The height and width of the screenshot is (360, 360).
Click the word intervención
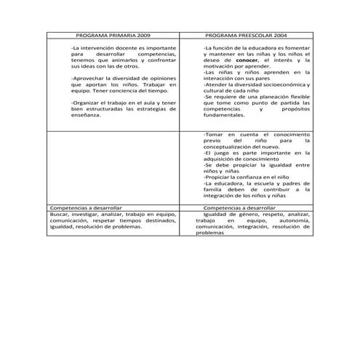coord(98,48)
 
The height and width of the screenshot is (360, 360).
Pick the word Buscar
coord(60,215)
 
